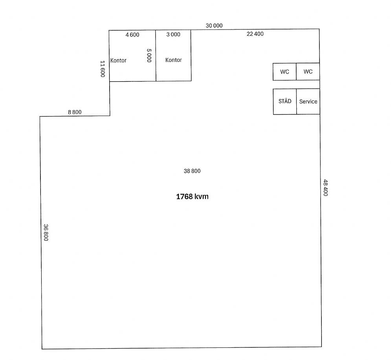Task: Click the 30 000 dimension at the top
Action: pyautogui.click(x=214, y=26)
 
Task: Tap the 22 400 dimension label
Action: pyautogui.click(x=255, y=34)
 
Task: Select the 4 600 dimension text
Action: pyautogui.click(x=132, y=35)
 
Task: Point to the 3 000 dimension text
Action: pyautogui.click(x=173, y=35)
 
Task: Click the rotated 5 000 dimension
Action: pyautogui.click(x=149, y=55)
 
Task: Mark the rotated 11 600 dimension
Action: pyautogui.click(x=103, y=69)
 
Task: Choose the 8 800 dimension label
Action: pyautogui.click(x=75, y=112)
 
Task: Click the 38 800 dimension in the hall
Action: pyautogui.click(x=192, y=171)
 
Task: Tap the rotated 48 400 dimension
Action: pyautogui.click(x=325, y=188)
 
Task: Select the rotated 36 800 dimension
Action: pyautogui.click(x=46, y=233)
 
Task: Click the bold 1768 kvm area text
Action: pyautogui.click(x=192, y=197)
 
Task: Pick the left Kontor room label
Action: pyautogui.click(x=118, y=61)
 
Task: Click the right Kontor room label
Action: pyautogui.click(x=174, y=60)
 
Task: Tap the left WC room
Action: pyautogui.click(x=285, y=72)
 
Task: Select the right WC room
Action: pyautogui.click(x=308, y=72)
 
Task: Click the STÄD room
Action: pyautogui.click(x=285, y=102)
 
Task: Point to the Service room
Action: pyautogui.click(x=308, y=102)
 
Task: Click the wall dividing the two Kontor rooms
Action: pyautogui.click(x=156, y=56)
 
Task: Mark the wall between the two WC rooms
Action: pyautogui.click(x=296, y=72)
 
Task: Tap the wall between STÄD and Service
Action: pyautogui.click(x=296, y=102)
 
